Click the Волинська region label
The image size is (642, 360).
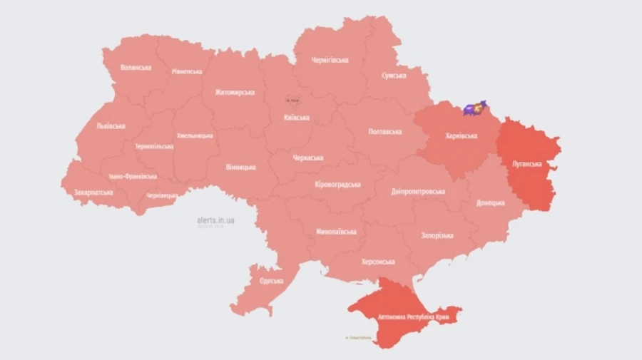pos(136,67)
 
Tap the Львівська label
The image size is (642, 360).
pos(111,126)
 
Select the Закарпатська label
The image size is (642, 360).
pos(93,192)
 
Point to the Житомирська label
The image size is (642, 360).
pos(235,92)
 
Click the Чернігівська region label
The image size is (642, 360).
pos(330,60)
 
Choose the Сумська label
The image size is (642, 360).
pos(394,75)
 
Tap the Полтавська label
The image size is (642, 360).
pos(384,132)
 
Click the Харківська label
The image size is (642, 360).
pos(461,135)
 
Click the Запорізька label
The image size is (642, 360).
pos(437,235)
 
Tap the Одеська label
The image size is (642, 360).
pos(272,281)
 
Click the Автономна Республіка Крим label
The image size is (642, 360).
pos(405,314)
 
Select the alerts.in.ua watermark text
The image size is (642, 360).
pos(215,220)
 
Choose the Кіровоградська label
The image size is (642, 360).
pos(337,185)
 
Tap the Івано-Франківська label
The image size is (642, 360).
pos(133,176)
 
